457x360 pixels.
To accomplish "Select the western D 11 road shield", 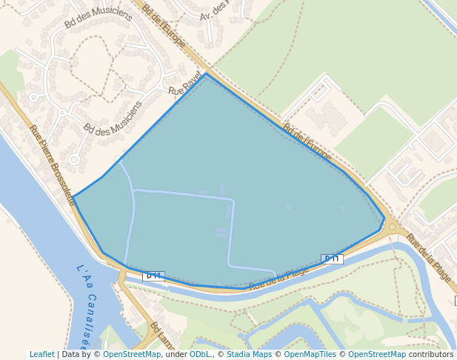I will pyautogui.click(x=153, y=276).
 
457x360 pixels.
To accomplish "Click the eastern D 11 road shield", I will pyautogui.click(x=332, y=259).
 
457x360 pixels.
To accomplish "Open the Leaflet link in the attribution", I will pyautogui.click(x=42, y=355).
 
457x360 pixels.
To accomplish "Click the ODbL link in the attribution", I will pyautogui.click(x=200, y=355).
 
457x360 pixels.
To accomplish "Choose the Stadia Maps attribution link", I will pyautogui.click(x=248, y=355).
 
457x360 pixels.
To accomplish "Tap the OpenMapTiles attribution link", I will pyautogui.click(x=311, y=355).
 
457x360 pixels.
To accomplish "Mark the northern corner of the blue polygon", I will pyautogui.click(x=206, y=73).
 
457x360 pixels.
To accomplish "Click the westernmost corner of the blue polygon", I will pyautogui.click(x=73, y=197).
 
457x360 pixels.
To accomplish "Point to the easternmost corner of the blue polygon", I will pyautogui.click(x=384, y=219).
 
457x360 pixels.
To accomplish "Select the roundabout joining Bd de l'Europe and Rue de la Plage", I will pyautogui.click(x=393, y=227).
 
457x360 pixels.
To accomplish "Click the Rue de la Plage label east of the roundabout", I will pyautogui.click(x=428, y=256).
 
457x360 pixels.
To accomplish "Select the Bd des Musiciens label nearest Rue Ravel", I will pyautogui.click(x=113, y=119).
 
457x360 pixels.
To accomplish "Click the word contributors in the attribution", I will pyautogui.click(x=431, y=355).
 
